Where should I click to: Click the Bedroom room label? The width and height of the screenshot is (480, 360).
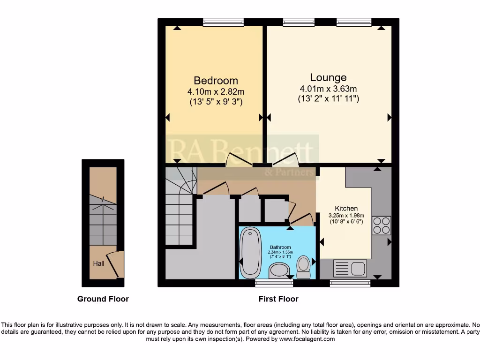coord(216,81)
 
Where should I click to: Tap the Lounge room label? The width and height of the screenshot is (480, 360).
coord(328,78)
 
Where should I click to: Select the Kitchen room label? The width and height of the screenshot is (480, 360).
coord(346,209)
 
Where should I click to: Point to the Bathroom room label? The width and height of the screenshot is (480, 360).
coord(280,247)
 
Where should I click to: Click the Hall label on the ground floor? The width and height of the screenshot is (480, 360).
coord(98,263)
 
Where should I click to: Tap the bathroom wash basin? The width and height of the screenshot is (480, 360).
coord(280,270)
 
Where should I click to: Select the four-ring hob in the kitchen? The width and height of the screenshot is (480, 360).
coord(381,225)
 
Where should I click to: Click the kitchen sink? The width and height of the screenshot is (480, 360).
coord(349,269)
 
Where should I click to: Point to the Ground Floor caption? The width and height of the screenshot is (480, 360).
coord(103,299)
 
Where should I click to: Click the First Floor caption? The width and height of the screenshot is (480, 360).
coord(278,299)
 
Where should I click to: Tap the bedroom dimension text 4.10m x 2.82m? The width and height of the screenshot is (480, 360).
coord(216,92)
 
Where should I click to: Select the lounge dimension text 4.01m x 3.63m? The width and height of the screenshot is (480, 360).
coord(328,89)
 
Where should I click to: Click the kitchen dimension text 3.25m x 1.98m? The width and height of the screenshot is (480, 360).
coord(346,216)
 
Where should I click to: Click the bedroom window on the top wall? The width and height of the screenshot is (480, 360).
coord(223,22)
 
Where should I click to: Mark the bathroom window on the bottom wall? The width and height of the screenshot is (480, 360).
coord(274,283)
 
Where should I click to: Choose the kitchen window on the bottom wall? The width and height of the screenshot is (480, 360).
coord(350,283)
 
